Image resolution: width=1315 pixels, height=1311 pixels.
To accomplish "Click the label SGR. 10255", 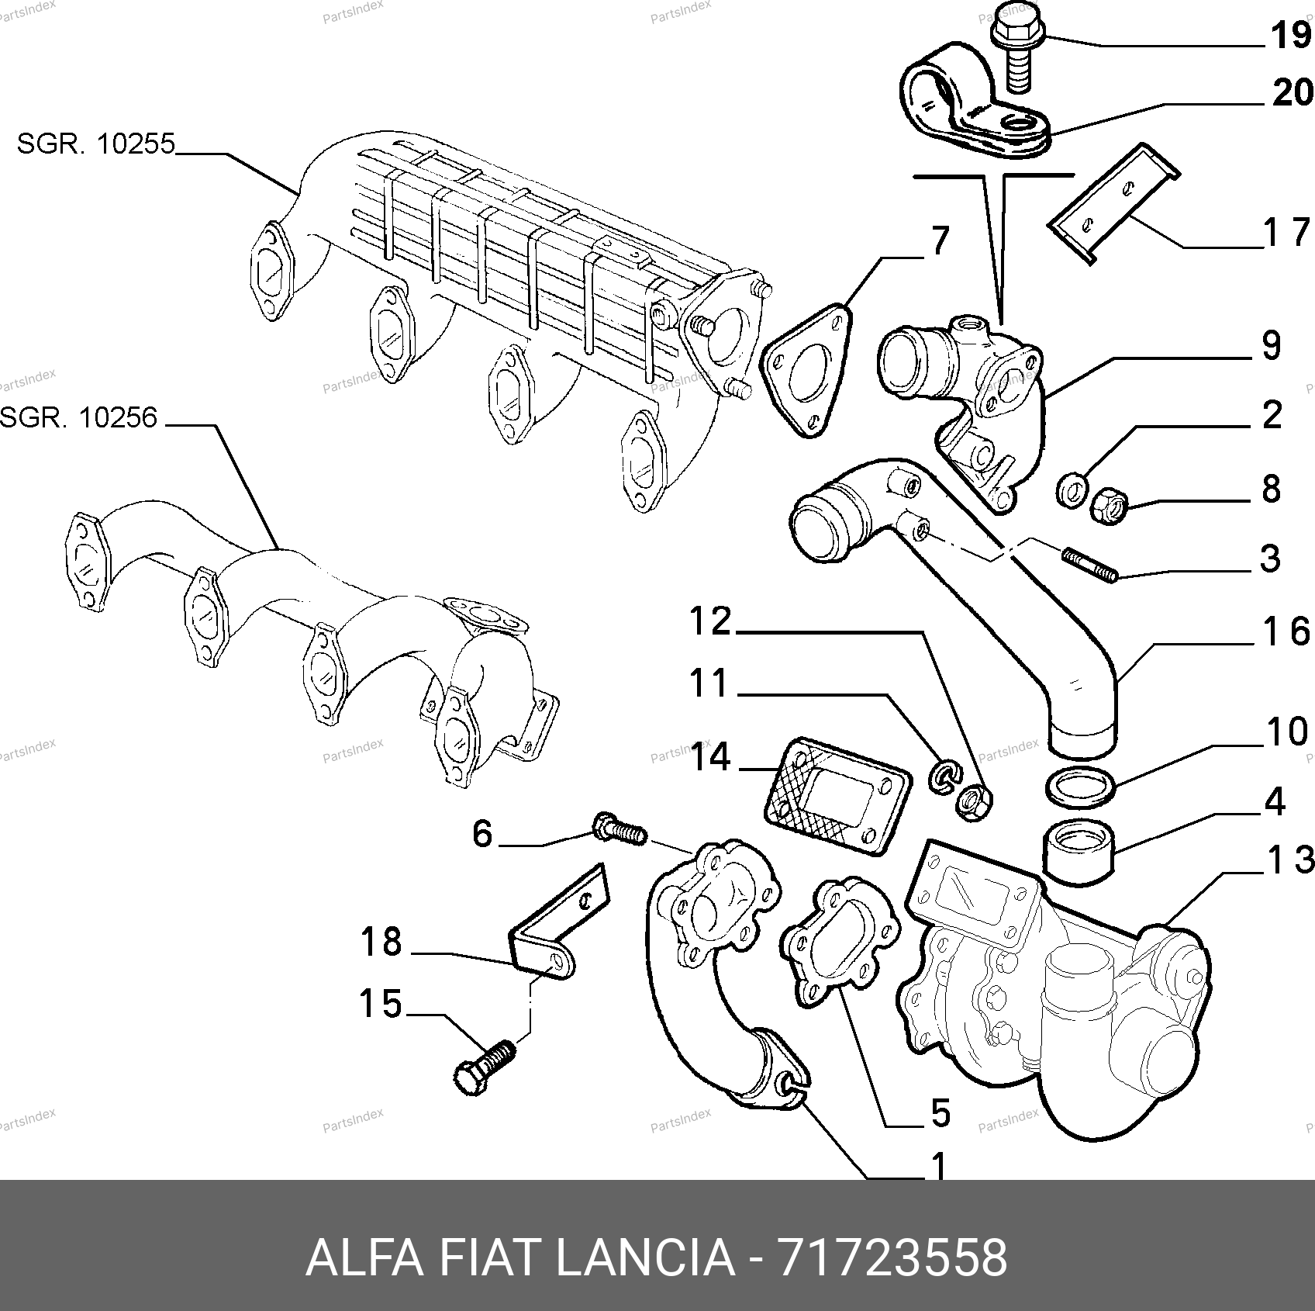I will tap(96, 144).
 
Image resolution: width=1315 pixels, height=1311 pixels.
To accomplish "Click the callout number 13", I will tap(1290, 861).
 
